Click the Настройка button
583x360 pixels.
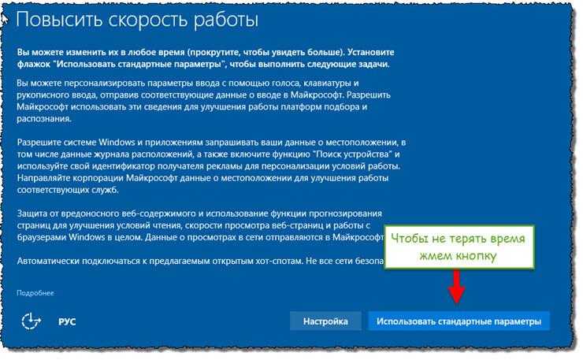(325, 321)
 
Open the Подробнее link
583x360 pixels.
(35, 293)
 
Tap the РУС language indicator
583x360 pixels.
(67, 321)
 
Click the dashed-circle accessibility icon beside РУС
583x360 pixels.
(31, 321)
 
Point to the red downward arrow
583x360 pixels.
(457, 287)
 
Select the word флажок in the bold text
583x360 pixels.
(33, 65)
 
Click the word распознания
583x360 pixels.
(43, 119)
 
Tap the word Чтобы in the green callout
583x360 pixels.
(409, 238)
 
